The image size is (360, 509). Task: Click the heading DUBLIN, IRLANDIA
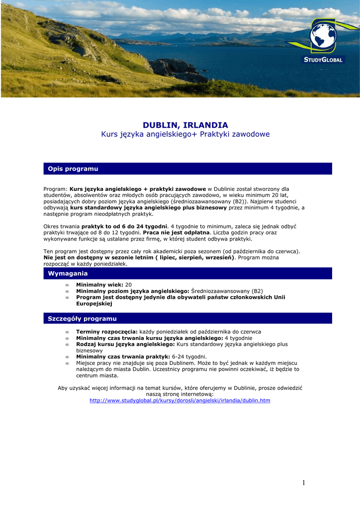point(185,125)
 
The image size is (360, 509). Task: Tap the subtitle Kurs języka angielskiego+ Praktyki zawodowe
point(185,134)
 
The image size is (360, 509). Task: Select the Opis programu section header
point(73,169)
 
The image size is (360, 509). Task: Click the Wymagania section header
point(68,273)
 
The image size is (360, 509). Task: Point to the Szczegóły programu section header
point(82,319)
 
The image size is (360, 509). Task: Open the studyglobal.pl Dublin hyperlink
point(180,400)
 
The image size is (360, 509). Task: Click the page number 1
point(304,483)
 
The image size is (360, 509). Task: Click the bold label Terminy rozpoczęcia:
point(106,332)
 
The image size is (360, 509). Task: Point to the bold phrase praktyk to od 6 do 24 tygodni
point(124,226)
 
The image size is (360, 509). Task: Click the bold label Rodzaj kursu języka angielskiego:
point(125,344)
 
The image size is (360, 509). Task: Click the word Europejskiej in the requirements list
point(94,303)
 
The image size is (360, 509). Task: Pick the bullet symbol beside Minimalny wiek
point(67,285)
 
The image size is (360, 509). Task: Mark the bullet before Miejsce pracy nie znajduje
point(67,363)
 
